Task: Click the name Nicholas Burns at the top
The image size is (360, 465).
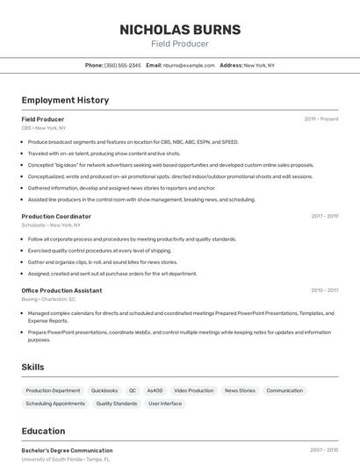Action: click(x=179, y=29)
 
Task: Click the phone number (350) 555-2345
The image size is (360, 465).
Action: click(x=122, y=65)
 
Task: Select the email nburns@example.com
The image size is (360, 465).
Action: click(x=189, y=65)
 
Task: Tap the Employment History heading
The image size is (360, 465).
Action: click(x=65, y=100)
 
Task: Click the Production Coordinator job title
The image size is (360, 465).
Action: click(x=56, y=216)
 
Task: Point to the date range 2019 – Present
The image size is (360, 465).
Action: click(x=321, y=119)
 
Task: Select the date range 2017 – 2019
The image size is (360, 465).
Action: click(x=325, y=216)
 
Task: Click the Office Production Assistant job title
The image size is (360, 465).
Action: click(x=61, y=290)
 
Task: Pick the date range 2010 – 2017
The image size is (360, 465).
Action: click(x=325, y=290)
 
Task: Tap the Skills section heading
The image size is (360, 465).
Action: click(x=34, y=367)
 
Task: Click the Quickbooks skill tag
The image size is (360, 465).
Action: click(x=104, y=390)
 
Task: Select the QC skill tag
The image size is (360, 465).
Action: click(x=133, y=390)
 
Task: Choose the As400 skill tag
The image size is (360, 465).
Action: click(x=155, y=390)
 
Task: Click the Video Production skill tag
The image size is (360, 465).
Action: click(x=193, y=390)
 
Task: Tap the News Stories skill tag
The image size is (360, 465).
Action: click(x=240, y=390)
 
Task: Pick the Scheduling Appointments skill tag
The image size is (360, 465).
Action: click(x=55, y=404)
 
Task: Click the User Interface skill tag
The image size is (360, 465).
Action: click(x=165, y=404)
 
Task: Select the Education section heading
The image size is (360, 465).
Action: click(x=43, y=431)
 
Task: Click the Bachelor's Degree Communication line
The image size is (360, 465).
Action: click(x=67, y=450)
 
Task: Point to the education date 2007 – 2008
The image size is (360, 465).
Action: click(x=325, y=450)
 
